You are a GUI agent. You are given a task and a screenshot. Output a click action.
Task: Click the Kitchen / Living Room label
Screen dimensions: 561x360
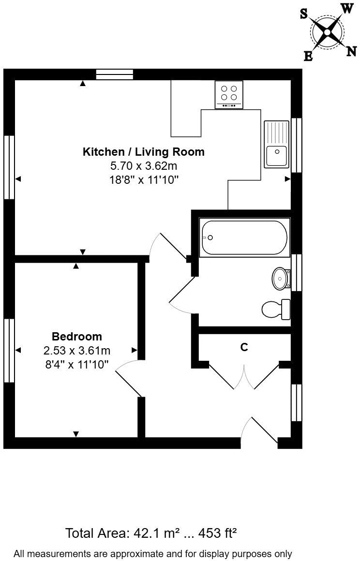coord(144,152)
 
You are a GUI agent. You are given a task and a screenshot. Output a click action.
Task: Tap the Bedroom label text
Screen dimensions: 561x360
coord(77,336)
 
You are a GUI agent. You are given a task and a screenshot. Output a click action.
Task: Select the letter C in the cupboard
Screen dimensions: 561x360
coord(244,347)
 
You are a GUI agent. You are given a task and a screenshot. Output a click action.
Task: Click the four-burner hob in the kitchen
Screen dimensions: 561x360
coord(229,95)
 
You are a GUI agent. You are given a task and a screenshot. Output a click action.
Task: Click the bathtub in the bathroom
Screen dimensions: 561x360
coord(244,237)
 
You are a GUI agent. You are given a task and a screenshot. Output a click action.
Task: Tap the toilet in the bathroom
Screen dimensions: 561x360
coord(275,309)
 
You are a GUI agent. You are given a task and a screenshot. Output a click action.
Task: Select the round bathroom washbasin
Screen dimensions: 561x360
coord(280,279)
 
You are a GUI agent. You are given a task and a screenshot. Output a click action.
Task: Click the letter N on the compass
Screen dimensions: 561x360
coord(352,51)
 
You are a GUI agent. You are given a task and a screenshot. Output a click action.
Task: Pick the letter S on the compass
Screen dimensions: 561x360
coord(304,14)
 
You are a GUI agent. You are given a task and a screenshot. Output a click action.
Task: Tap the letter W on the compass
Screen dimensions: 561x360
coord(347,8)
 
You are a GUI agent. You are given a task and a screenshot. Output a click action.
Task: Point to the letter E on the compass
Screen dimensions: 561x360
coord(308,57)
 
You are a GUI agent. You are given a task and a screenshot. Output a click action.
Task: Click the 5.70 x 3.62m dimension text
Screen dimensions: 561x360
coord(144,166)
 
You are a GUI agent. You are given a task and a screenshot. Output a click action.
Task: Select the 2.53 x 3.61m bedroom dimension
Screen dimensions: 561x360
coord(77,350)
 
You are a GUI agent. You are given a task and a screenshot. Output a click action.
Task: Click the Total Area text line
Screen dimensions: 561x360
coord(151,533)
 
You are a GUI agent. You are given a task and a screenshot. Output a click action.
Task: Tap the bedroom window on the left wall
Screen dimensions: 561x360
coord(9,350)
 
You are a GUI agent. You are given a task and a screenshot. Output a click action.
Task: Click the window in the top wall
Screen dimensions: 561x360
coord(114,74)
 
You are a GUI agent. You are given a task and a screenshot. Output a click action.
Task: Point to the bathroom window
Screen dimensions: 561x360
coord(296,272)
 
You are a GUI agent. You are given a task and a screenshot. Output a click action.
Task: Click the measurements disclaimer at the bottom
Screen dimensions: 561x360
coord(153,553)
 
